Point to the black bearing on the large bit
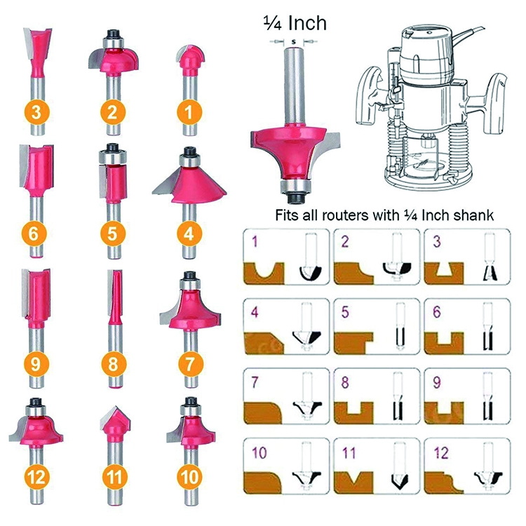[292, 187]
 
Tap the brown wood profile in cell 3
[449, 269]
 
